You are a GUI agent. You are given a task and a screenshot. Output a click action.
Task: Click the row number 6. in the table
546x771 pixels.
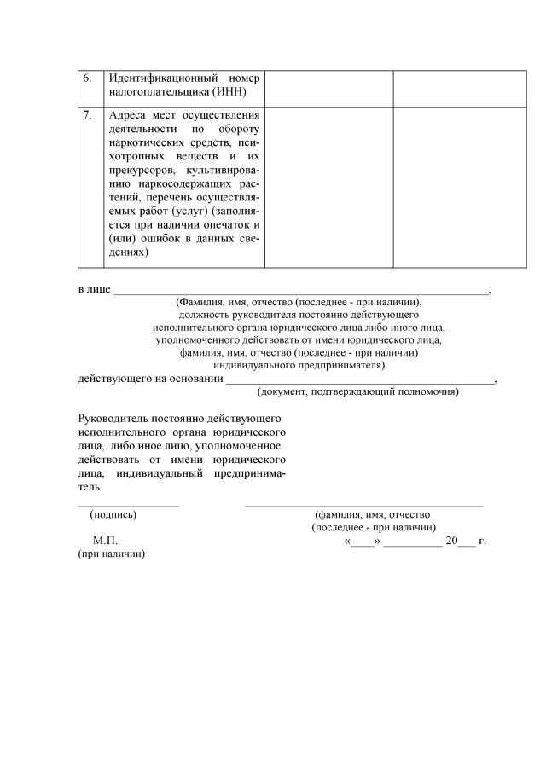click(x=87, y=78)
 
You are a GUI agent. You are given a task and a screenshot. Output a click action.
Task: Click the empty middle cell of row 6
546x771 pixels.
click(x=328, y=89)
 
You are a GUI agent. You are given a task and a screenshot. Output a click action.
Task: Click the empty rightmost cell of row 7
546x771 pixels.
click(x=459, y=188)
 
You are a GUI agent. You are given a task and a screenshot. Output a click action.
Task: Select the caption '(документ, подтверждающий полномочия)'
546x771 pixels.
click(x=358, y=392)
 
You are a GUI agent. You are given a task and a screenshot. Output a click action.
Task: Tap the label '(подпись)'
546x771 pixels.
click(x=113, y=515)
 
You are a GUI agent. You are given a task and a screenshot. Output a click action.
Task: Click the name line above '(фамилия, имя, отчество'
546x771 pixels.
click(x=363, y=506)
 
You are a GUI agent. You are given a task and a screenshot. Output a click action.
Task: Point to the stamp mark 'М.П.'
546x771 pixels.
click(x=105, y=542)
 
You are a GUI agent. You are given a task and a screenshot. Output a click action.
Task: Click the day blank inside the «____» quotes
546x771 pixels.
click(x=363, y=542)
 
